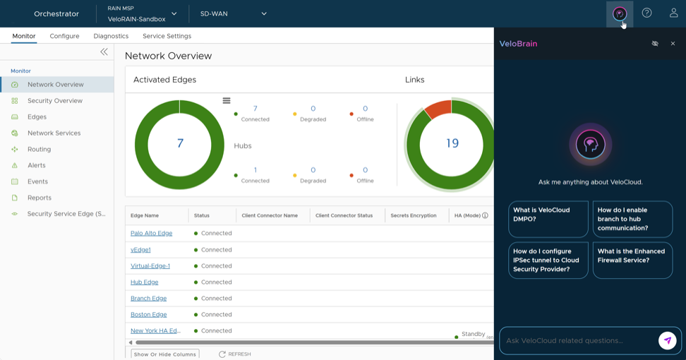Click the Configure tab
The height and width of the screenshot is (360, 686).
64,36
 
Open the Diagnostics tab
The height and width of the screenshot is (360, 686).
111,36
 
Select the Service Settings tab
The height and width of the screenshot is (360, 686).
167,36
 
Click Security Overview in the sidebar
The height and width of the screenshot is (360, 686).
54,101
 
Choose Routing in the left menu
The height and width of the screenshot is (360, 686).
39,150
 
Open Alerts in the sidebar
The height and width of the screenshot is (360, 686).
36,166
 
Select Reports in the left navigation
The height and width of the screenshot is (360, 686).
39,198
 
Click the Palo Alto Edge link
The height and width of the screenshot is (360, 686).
151,234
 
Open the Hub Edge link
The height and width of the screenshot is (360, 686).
144,282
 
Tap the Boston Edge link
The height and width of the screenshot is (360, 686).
148,315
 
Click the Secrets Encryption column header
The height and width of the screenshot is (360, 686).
413,215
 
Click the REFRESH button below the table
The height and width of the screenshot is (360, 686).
235,354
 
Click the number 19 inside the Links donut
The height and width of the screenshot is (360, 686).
452,143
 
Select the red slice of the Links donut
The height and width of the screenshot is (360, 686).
438,109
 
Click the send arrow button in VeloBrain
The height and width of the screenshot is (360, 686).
667,340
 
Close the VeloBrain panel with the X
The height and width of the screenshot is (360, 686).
673,44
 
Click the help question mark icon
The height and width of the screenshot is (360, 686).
646,13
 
